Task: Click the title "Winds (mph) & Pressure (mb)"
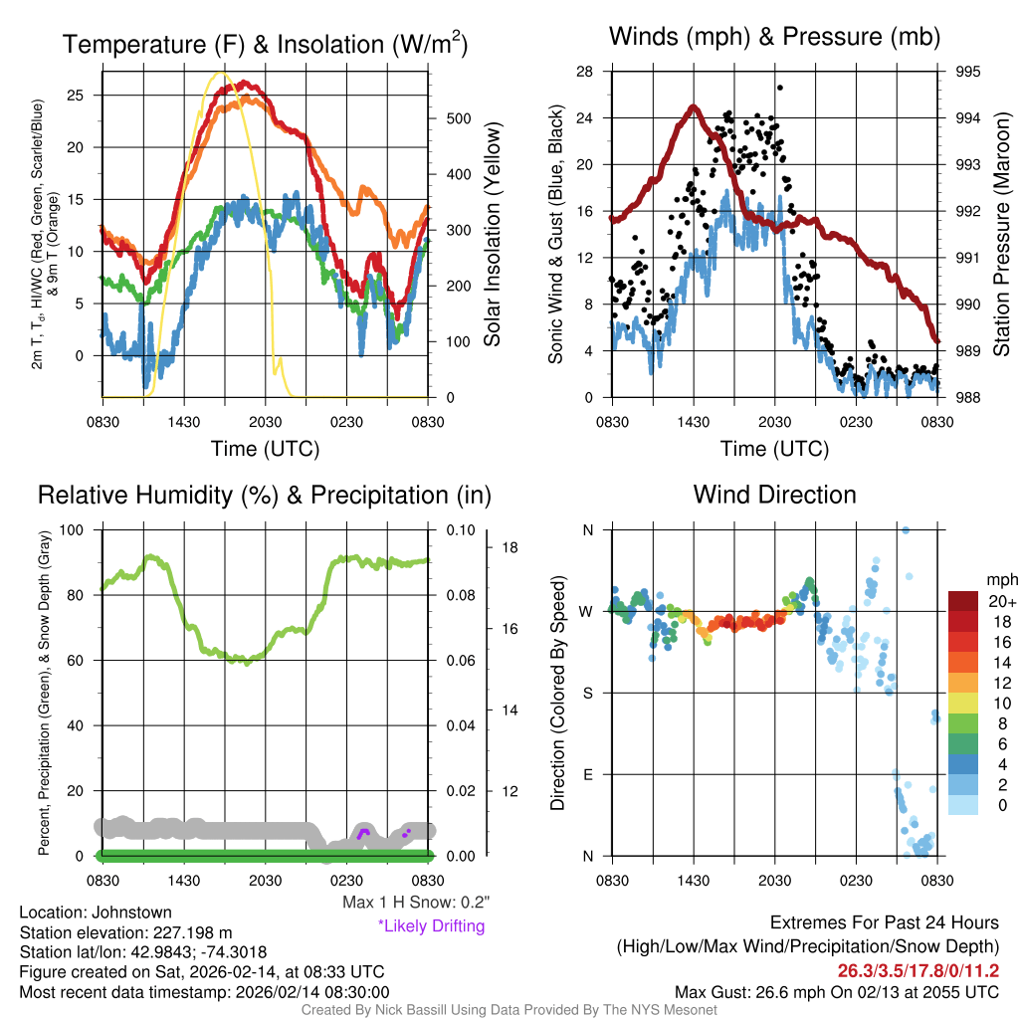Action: [774, 38]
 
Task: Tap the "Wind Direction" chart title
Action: [774, 495]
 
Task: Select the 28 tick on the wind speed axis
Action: [585, 72]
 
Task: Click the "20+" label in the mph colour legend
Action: [1001, 602]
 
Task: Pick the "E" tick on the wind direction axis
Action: [587, 774]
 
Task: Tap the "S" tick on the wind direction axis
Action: [587, 693]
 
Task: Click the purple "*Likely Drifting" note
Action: [431, 926]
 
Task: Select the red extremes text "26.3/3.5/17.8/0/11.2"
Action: [917, 971]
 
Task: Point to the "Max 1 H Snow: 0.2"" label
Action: [416, 903]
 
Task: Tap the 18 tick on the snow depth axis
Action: [511, 547]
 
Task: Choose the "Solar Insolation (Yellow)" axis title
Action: [492, 234]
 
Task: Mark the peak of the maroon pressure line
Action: [691, 106]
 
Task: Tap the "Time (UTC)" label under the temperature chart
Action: [265, 449]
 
